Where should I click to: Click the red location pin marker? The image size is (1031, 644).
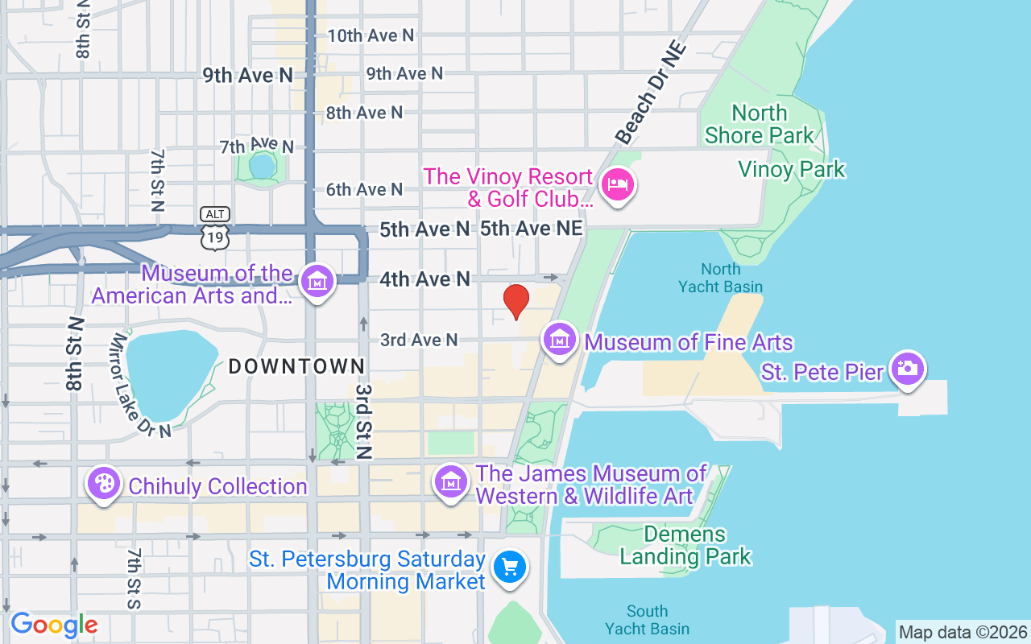pyautogui.click(x=516, y=301)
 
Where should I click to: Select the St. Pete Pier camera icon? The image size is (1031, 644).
pyautogui.click(x=908, y=369)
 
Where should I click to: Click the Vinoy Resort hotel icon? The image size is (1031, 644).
pyautogui.click(x=618, y=184)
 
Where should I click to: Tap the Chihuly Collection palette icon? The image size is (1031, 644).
pyautogui.click(x=104, y=484)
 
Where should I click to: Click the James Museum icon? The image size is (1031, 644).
pyautogui.click(x=451, y=481)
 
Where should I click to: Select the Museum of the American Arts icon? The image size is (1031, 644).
pyautogui.click(x=317, y=282)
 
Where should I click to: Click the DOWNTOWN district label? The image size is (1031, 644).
pyautogui.click(x=297, y=366)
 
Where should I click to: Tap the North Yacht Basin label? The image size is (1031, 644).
pyautogui.click(x=720, y=278)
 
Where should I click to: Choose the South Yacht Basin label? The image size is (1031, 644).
pyautogui.click(x=647, y=620)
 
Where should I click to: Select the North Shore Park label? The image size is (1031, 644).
pyautogui.click(x=760, y=124)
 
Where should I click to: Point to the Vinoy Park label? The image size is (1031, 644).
pyautogui.click(x=792, y=170)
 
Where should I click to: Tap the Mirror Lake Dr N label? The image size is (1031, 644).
pyautogui.click(x=142, y=386)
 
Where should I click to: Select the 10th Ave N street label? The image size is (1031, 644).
pyautogui.click(x=371, y=35)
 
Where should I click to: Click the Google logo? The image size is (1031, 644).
pyautogui.click(x=54, y=625)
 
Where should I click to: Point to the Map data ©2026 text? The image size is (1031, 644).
pyautogui.click(x=963, y=632)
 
